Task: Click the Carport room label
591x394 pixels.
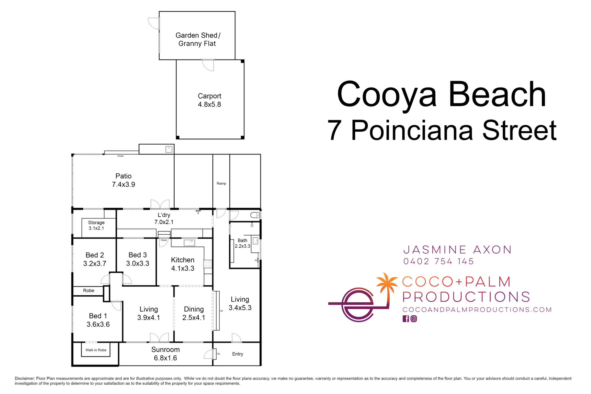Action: [209, 96]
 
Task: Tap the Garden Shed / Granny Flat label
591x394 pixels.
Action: [197, 39]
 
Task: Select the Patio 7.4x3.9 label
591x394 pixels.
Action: [124, 180]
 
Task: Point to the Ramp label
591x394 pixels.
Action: [221, 184]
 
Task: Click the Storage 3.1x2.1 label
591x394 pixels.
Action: [96, 225]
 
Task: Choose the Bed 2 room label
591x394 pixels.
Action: [95, 255]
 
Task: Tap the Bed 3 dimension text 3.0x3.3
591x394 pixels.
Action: [138, 264]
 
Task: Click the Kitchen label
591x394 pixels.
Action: [183, 260]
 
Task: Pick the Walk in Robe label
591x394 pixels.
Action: [96, 350]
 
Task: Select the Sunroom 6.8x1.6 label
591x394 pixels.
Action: [165, 354]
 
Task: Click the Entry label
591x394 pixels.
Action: [237, 354]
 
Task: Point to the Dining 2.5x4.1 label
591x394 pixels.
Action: [194, 313]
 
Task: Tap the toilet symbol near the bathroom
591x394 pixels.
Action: [255, 215]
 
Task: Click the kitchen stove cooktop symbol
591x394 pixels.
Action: [208, 264]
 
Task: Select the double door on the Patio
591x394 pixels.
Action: [160, 204]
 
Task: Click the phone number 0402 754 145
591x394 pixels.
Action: [438, 262]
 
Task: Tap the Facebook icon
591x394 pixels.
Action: [406, 319]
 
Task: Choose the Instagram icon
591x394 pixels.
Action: [414, 319]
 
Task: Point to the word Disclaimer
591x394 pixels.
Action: [25, 378]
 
